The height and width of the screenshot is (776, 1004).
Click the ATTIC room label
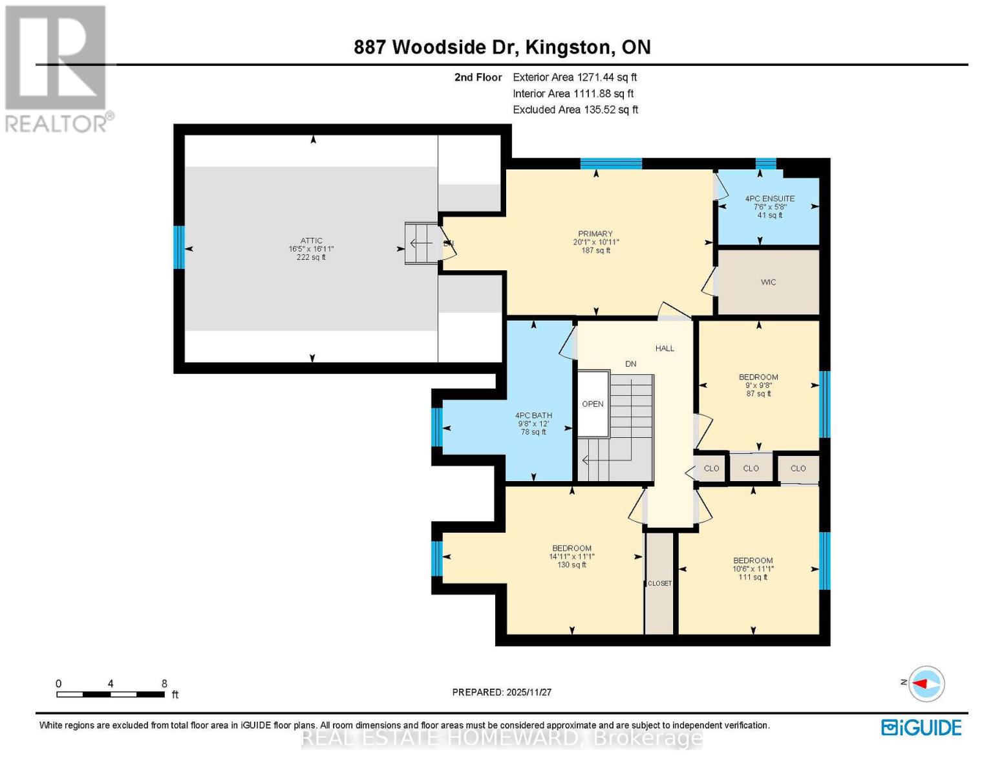(x=311, y=241)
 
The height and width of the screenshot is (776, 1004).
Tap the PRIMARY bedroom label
(x=595, y=234)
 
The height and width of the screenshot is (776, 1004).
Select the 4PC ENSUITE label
(x=769, y=199)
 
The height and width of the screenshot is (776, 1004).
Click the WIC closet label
(x=768, y=283)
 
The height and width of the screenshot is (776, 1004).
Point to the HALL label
(x=665, y=349)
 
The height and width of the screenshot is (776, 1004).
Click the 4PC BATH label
(x=533, y=416)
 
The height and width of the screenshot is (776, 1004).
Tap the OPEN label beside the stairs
(x=592, y=404)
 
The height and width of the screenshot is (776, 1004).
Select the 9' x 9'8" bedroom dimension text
(x=758, y=385)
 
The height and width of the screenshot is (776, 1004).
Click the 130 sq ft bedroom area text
(x=571, y=565)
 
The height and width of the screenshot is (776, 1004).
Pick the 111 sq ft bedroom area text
(x=753, y=577)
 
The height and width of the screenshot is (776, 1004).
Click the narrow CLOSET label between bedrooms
(x=659, y=583)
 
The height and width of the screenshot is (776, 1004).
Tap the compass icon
(x=926, y=684)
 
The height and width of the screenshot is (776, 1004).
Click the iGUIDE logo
(x=921, y=727)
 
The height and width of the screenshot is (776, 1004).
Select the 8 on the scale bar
(x=164, y=684)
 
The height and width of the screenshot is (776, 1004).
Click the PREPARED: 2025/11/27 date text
(x=502, y=692)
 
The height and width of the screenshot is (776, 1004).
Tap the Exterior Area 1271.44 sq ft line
(x=575, y=77)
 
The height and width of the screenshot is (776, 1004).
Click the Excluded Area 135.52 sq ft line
(x=575, y=110)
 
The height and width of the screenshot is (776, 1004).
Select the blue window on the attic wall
(x=179, y=247)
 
